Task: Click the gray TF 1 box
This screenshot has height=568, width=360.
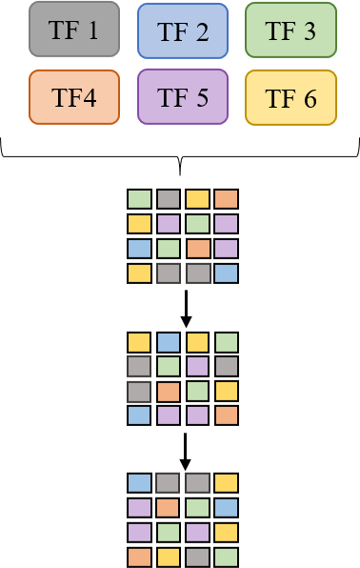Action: click(x=74, y=29)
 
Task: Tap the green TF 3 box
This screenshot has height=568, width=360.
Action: click(x=290, y=30)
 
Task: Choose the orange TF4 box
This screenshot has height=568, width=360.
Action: click(x=74, y=96)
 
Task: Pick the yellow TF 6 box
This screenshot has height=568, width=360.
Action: click(x=290, y=97)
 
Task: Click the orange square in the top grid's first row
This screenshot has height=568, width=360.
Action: click(x=226, y=199)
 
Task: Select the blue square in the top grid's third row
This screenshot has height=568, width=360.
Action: click(x=140, y=249)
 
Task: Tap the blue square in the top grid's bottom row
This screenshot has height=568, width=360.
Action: click(x=226, y=274)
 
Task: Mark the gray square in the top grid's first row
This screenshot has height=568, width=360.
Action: click(x=169, y=199)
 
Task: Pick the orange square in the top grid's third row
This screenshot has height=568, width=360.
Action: click(x=197, y=249)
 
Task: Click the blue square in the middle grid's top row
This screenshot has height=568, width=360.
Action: click(x=169, y=342)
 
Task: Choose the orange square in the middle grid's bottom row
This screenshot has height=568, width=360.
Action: click(x=226, y=416)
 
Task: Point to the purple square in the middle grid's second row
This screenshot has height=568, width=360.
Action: click(x=197, y=366)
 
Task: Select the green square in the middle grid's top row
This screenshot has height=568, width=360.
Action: click(x=226, y=342)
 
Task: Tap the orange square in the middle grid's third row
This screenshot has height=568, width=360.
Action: click(x=169, y=391)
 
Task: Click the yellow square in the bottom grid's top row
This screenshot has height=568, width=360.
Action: click(x=226, y=483)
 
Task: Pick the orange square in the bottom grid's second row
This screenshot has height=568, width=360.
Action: click(x=169, y=508)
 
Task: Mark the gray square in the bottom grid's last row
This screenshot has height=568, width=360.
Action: click(x=197, y=557)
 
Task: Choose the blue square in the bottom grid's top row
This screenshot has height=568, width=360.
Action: click(x=140, y=483)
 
